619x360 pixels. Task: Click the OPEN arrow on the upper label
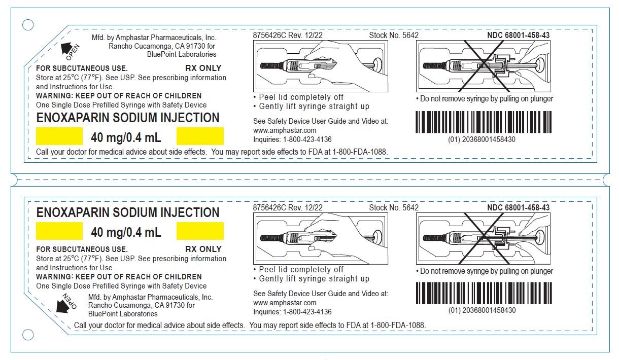66,49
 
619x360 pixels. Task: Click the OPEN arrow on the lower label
62,306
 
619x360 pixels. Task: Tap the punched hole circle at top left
27,25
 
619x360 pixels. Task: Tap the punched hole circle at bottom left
28,335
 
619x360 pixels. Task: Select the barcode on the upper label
484,122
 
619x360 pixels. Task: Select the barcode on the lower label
484,293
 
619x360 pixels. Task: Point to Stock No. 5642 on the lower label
394,207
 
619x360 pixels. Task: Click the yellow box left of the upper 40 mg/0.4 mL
59,136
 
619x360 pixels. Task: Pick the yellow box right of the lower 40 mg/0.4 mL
200,231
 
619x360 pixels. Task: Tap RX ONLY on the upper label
203,68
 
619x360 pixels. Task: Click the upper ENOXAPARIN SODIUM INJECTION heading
128,118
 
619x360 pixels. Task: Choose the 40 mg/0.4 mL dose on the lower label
126,232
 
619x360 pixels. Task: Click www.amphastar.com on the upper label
285,130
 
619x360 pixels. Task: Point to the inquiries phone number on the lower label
307,312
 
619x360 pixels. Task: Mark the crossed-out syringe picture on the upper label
484,66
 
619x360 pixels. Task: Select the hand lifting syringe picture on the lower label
321,238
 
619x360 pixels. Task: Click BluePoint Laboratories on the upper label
182,54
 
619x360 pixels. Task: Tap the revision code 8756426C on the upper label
269,35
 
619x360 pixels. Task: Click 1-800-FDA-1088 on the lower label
397,325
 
